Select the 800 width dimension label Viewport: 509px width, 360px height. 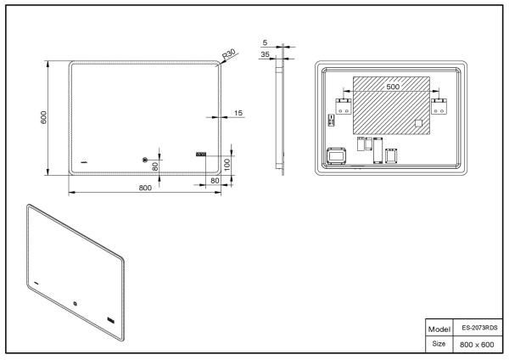(x=145, y=188)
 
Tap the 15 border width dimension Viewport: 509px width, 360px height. (x=238, y=113)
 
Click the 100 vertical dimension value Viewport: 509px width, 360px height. (x=227, y=162)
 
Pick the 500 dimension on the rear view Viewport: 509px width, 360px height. (x=392, y=87)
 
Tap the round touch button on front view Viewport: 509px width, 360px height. (x=145, y=159)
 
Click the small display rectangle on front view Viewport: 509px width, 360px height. (x=201, y=155)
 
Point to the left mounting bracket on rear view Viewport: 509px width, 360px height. (x=344, y=106)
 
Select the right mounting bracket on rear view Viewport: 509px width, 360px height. (x=439, y=106)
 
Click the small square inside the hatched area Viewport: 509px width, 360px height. (x=417, y=124)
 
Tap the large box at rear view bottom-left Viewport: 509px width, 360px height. (x=338, y=156)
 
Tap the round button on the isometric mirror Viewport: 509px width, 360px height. (x=75, y=307)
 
